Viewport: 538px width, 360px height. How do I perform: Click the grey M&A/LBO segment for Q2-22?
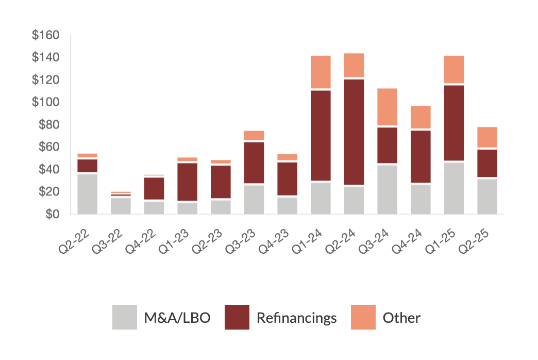87,194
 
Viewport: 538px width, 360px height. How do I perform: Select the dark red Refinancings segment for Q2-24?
354,132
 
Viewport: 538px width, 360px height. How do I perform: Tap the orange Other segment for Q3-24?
387,107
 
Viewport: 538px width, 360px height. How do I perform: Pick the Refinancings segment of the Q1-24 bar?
321,135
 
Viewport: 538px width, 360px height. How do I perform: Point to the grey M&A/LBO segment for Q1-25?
454,188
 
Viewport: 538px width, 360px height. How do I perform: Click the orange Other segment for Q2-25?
487,137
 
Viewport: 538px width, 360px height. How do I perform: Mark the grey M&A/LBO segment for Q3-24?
387,189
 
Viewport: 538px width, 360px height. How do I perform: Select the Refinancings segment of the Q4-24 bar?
421,157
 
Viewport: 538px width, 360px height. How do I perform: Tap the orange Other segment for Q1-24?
321,72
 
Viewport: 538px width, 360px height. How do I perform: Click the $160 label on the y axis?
45,36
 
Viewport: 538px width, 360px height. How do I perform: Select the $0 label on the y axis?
51,214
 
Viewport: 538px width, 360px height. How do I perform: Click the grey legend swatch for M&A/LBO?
125,317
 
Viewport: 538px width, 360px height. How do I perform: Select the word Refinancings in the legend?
296,318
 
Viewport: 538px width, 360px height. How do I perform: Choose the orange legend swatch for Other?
363,317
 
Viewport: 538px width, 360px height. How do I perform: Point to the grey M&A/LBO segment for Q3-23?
254,200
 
